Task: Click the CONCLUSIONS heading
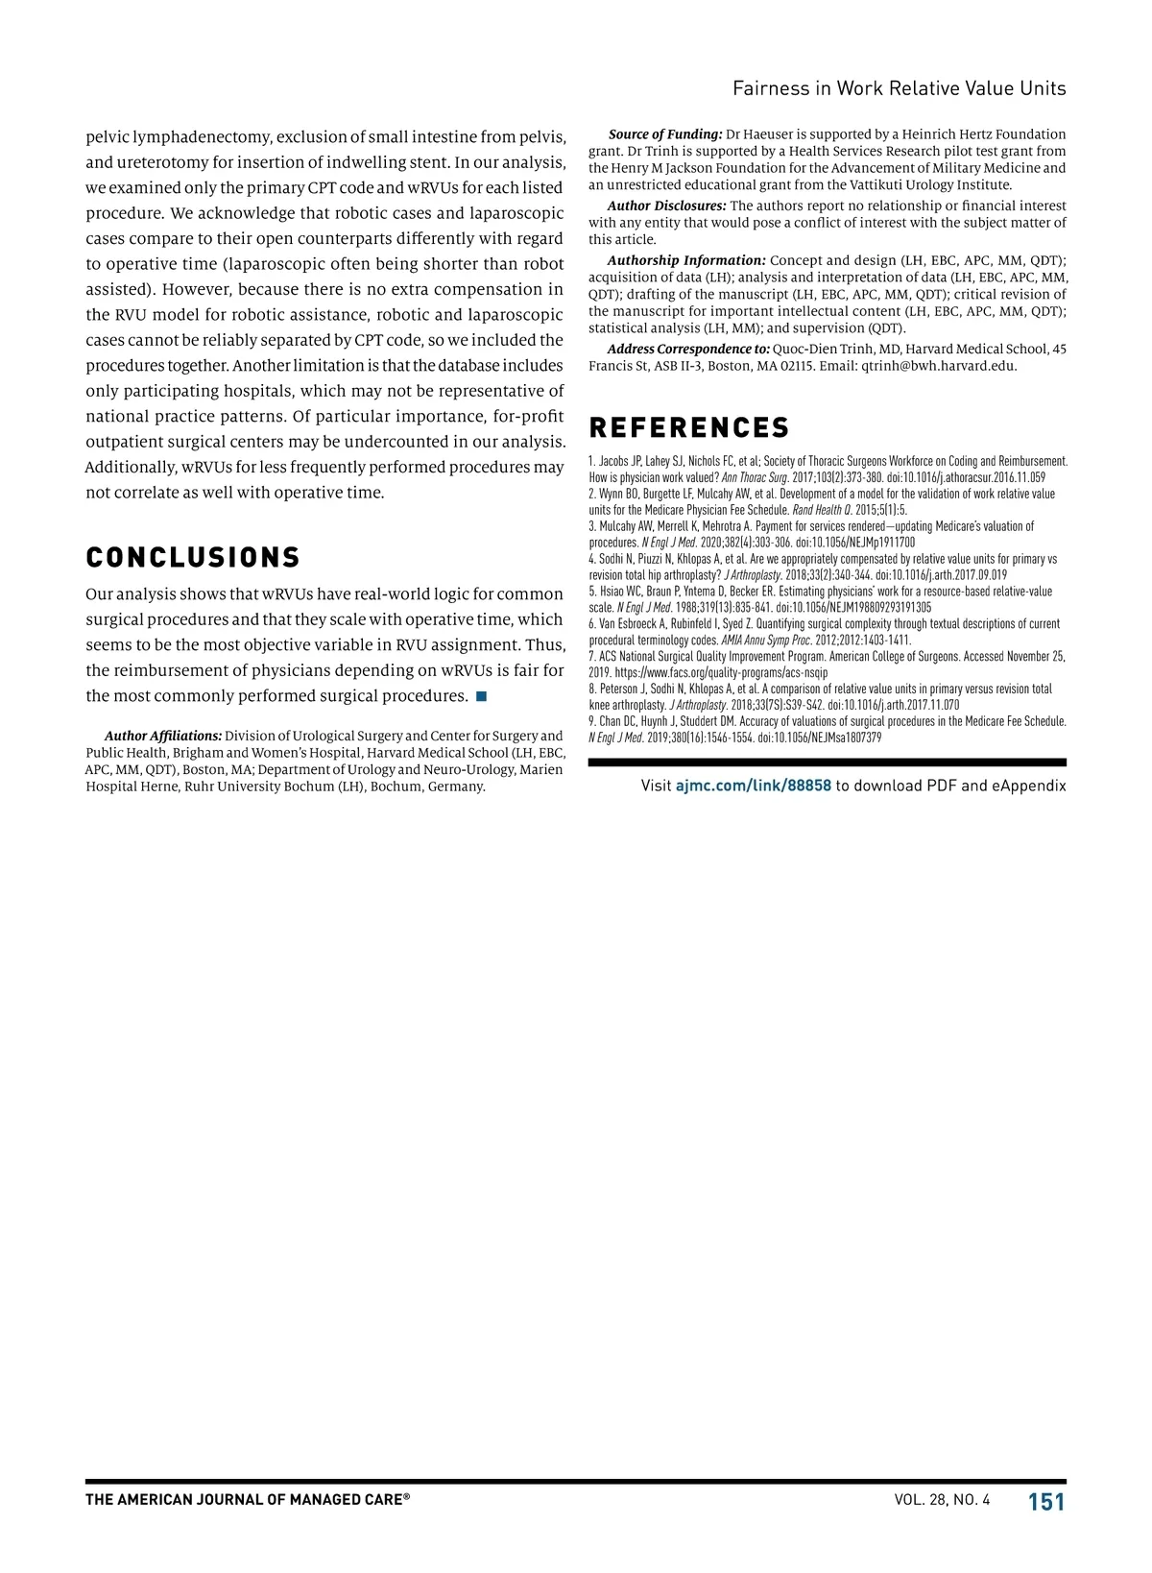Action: [193, 558]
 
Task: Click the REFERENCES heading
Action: [689, 428]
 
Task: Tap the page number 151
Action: [1046, 1502]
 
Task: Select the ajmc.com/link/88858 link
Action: [754, 786]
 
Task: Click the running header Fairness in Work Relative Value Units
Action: [899, 88]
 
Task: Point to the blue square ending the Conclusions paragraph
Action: [481, 695]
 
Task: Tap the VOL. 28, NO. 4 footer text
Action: [941, 1500]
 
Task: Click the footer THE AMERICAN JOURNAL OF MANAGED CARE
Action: [247, 1500]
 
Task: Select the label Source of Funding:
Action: [665, 134]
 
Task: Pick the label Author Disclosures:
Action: [666, 206]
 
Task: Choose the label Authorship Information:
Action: [685, 260]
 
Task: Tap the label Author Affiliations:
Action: [163, 736]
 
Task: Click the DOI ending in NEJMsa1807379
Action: [820, 738]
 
